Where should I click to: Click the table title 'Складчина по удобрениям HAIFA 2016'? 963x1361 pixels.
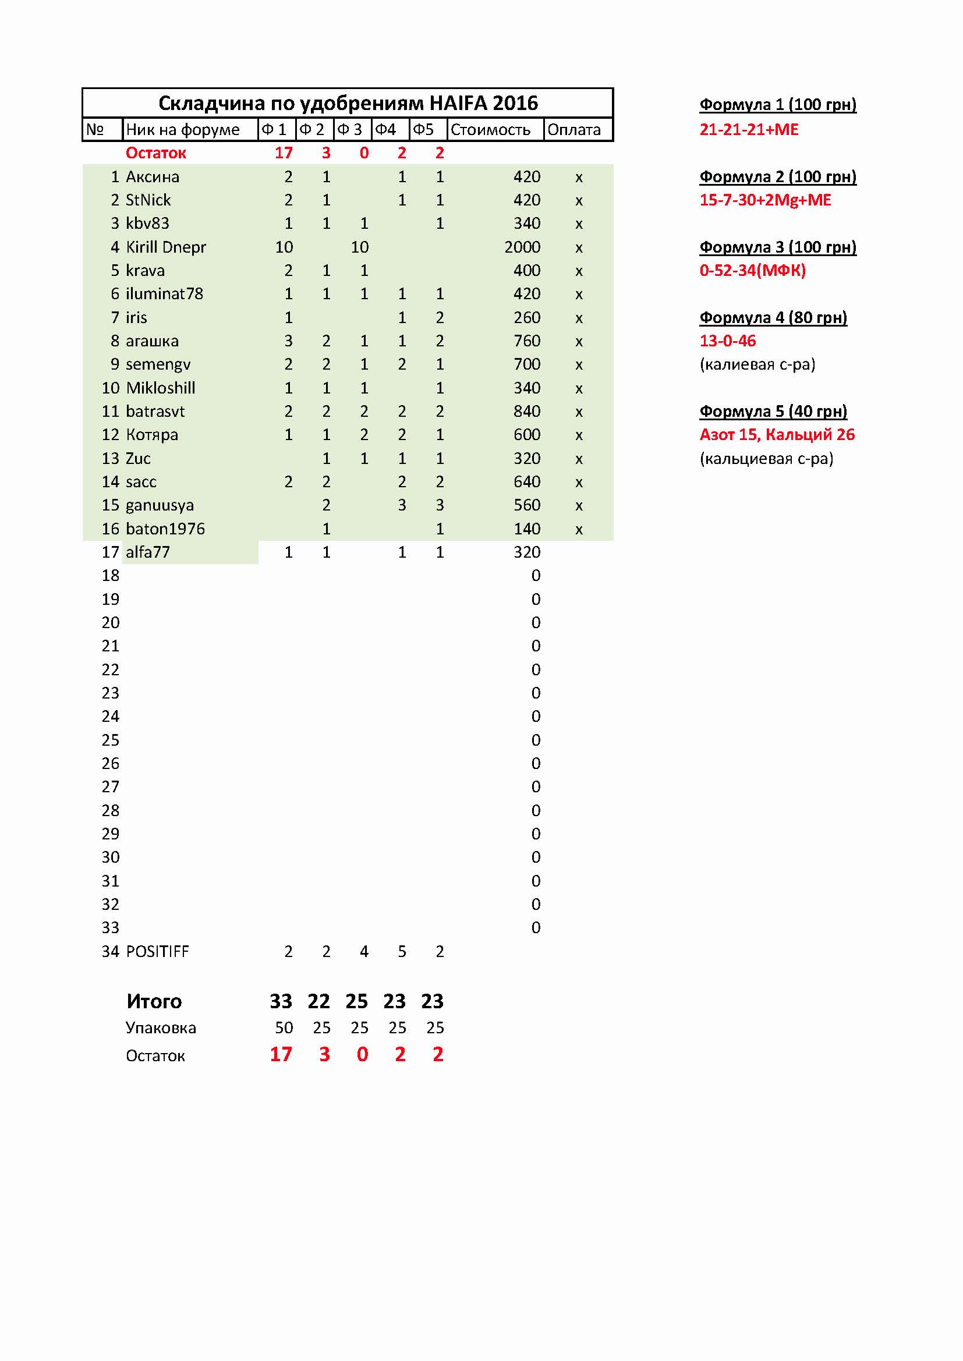click(x=348, y=103)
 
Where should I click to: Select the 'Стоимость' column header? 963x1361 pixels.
click(x=490, y=130)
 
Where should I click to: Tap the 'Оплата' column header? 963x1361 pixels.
click(x=573, y=130)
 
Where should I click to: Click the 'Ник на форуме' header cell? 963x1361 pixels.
click(x=183, y=130)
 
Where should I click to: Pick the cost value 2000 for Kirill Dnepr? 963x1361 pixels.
click(x=522, y=247)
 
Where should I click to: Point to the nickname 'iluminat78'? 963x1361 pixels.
click(x=164, y=294)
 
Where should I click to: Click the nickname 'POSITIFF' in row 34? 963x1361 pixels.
click(x=157, y=951)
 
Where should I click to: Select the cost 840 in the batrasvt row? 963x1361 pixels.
click(x=526, y=412)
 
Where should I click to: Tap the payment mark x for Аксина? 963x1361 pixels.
click(x=579, y=177)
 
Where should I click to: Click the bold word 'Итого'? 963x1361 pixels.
click(x=154, y=1001)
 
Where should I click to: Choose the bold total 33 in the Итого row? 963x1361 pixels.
click(x=281, y=1001)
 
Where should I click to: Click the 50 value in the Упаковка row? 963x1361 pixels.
click(x=284, y=1028)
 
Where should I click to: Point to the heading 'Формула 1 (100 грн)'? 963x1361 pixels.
click(x=777, y=105)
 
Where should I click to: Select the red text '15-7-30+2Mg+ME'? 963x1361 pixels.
click(x=765, y=200)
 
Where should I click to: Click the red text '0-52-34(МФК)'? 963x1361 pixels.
click(x=752, y=271)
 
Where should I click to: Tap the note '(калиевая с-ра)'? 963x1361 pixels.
click(x=757, y=364)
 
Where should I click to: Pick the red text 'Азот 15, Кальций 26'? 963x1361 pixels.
click(x=777, y=435)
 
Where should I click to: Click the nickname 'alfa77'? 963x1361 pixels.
click(x=148, y=552)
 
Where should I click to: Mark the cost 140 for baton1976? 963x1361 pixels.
click(x=526, y=529)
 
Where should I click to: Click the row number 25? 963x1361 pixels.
click(x=110, y=740)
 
